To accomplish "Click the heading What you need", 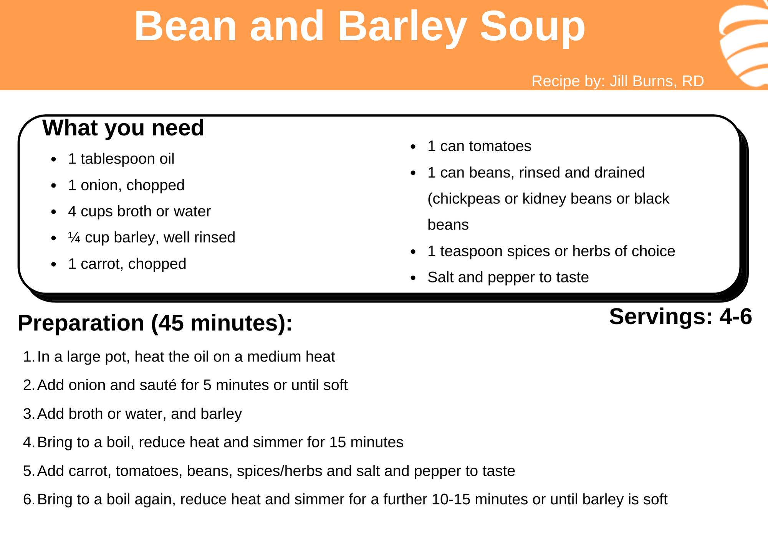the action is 123,128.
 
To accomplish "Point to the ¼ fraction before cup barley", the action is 74,237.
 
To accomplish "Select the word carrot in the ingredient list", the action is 102,264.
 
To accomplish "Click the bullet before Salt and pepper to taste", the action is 413,278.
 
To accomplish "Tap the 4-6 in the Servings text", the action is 736,317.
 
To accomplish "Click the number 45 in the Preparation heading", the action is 172,323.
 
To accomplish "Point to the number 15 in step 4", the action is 338,442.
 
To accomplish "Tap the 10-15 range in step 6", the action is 451,500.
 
